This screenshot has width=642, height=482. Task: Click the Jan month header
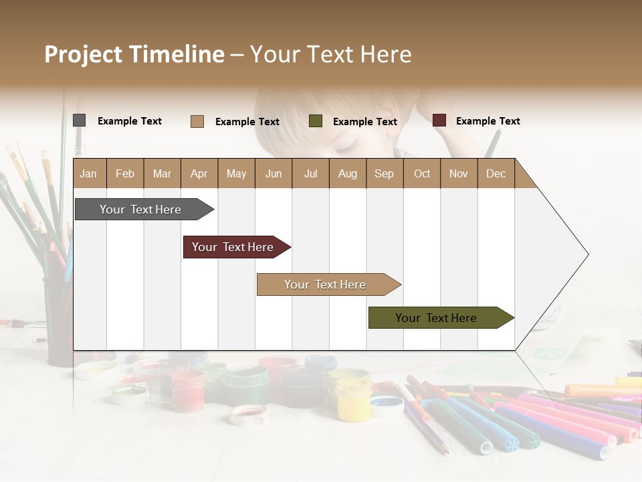[x=89, y=173]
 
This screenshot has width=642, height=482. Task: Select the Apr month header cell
[x=199, y=173]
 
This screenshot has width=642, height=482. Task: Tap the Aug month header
[x=347, y=173]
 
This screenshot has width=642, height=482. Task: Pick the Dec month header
[x=496, y=173]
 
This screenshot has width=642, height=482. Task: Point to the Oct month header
[x=421, y=173]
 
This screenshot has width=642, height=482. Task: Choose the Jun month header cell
[x=273, y=173]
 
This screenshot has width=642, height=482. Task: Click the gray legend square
[x=79, y=120]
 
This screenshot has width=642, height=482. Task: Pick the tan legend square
[x=197, y=121]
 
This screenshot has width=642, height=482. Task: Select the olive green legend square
[x=315, y=121]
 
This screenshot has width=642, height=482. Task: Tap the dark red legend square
[x=439, y=120]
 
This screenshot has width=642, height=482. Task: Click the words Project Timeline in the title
[x=134, y=54]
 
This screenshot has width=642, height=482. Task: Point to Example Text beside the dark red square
[x=488, y=121]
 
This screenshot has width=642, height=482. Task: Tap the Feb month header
[x=125, y=173]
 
